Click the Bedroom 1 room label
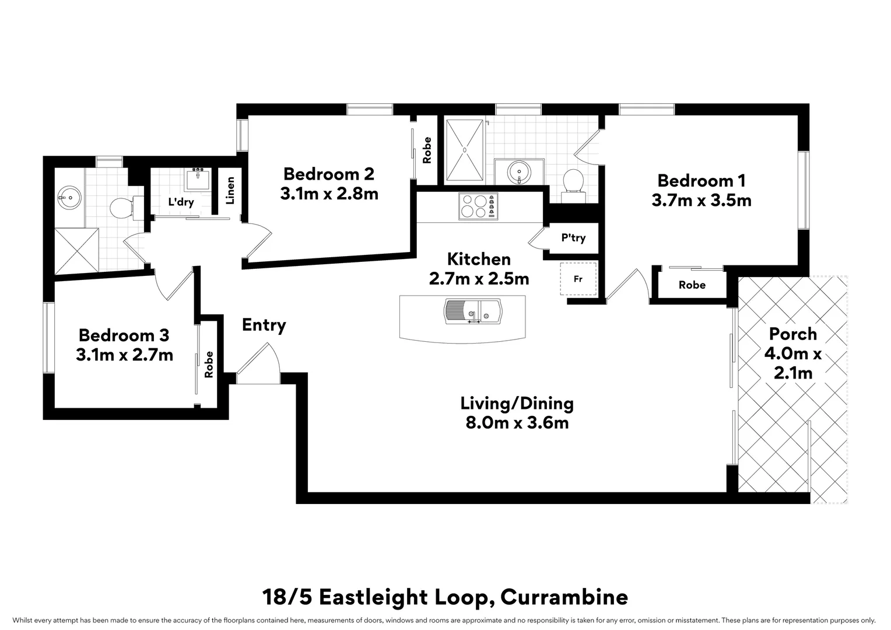point(701,180)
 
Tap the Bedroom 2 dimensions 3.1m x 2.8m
point(329,194)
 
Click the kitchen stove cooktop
point(478,206)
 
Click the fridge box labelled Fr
point(578,279)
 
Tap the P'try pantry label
point(573,238)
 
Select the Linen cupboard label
point(230,190)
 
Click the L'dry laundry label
point(181,202)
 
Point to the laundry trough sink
point(199,179)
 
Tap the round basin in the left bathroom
point(70,198)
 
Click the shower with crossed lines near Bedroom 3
point(76,251)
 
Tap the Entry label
point(264,325)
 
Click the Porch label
point(792,334)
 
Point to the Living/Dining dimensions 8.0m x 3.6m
point(517,423)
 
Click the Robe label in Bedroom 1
point(692,285)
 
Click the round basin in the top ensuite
point(518,171)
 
